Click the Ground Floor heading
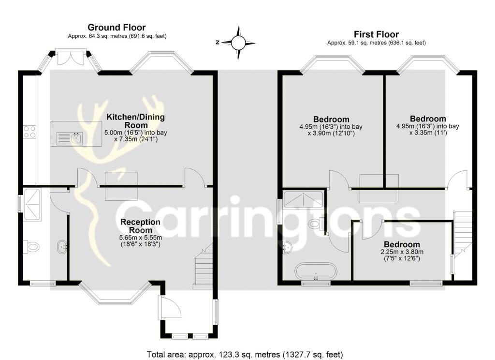coord(116,27)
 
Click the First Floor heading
coord(376,34)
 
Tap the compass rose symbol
coord(238,43)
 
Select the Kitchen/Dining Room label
coord(135,121)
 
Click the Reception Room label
coord(141,226)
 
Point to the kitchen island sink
coord(70,138)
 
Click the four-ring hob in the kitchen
coord(29,132)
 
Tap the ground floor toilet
coord(31,246)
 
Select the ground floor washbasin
coord(62,246)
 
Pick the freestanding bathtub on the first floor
coord(316,271)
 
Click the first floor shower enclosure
coord(303,199)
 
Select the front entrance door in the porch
coord(171,307)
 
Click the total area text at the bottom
coord(245,354)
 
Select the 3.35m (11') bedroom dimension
coord(428,133)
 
